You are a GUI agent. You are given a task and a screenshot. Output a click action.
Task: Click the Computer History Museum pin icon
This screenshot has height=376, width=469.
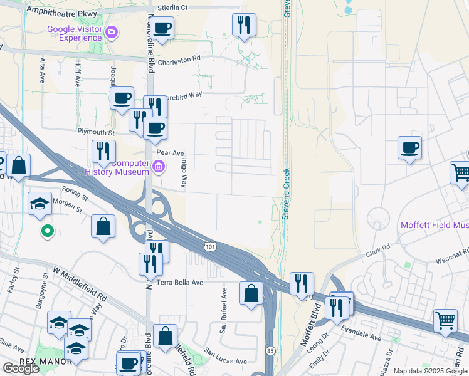(159, 167)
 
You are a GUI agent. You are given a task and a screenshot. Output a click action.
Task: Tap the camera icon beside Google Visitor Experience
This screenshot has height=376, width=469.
(112, 32)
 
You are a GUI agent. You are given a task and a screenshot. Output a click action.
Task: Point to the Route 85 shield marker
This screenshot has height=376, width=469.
(269, 349)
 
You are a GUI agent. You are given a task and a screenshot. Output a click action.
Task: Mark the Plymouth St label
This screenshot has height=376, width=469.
(96, 133)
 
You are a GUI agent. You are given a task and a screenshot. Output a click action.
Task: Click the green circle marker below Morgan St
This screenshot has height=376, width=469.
(46, 232)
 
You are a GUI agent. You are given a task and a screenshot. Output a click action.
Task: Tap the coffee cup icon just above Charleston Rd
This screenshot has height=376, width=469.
(162, 28)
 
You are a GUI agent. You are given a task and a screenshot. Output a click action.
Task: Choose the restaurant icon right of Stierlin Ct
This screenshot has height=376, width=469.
(244, 26)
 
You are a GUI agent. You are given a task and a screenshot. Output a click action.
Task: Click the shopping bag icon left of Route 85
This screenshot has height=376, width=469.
(251, 293)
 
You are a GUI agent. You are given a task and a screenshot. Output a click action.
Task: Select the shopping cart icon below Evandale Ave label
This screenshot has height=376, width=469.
(445, 320)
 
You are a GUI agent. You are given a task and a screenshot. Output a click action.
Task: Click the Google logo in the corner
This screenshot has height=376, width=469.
(21, 368)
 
